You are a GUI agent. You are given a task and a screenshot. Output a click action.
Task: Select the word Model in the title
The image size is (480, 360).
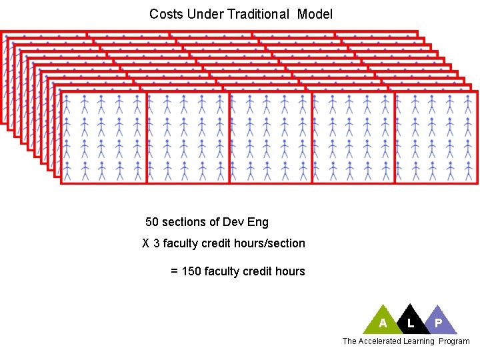pyautogui.click(x=315, y=14)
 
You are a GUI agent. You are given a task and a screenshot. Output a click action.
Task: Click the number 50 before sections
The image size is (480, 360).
pyautogui.click(x=152, y=222)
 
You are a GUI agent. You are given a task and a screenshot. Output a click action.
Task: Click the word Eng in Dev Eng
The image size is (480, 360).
pyautogui.click(x=258, y=222)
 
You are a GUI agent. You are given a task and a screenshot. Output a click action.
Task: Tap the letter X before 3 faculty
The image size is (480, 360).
pyautogui.click(x=146, y=243)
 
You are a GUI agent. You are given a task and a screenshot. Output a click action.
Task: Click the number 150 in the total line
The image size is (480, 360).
pyautogui.click(x=192, y=271)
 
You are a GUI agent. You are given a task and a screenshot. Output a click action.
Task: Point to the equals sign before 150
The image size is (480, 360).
pyautogui.click(x=175, y=271)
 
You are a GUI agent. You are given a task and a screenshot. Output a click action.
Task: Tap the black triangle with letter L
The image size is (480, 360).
pyautogui.click(x=411, y=321)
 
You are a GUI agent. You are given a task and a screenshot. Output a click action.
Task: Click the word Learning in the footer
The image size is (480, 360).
pyautogui.click(x=419, y=341)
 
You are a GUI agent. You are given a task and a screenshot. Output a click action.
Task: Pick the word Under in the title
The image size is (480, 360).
pyautogui.click(x=197, y=14)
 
